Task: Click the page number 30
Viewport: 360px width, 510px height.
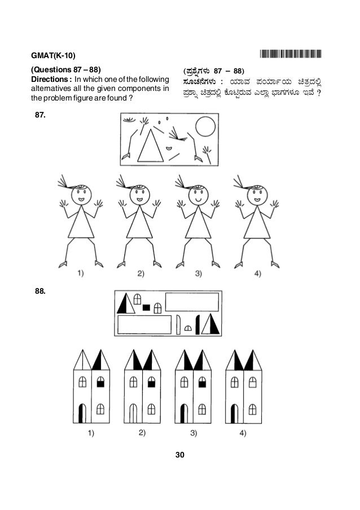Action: [180, 454]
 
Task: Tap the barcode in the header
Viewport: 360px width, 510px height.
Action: [291, 55]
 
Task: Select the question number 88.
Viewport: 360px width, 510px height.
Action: [40, 293]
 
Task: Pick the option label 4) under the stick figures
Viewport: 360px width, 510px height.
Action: [258, 274]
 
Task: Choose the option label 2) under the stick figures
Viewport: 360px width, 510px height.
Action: [140, 274]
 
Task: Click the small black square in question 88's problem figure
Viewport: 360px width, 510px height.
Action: [146, 308]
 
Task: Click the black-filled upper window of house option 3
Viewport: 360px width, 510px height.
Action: [202, 383]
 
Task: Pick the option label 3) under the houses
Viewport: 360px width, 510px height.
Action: [194, 433]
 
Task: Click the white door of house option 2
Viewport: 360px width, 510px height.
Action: [133, 413]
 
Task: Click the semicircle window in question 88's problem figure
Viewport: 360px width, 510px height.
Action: [188, 328]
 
